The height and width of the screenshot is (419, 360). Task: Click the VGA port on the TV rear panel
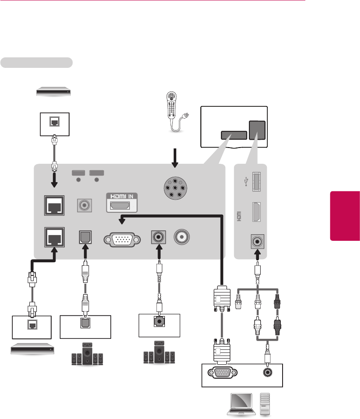[x=122, y=240]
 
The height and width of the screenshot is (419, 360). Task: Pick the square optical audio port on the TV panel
[x=85, y=237]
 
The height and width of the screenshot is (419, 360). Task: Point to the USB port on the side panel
[x=256, y=181]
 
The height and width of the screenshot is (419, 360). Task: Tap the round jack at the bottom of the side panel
[x=256, y=241]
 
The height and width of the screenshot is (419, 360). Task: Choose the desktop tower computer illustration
[x=266, y=403]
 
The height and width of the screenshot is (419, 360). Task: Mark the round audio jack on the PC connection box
[x=267, y=372]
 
